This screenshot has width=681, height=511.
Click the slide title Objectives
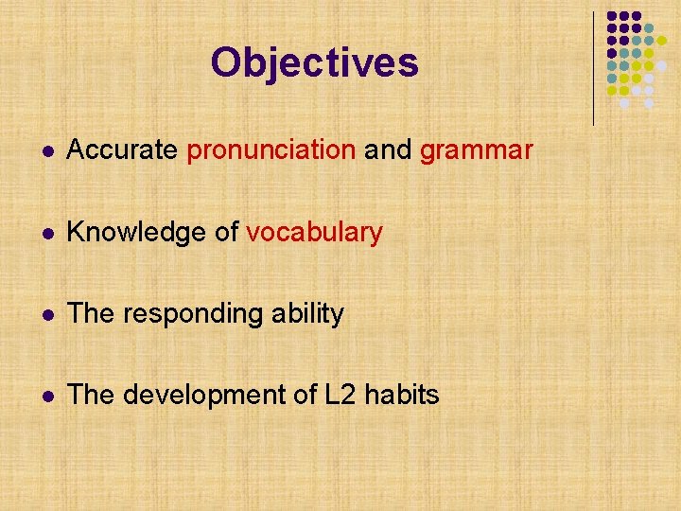(x=314, y=63)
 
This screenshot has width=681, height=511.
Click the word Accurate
(x=123, y=150)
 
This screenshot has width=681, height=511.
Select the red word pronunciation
(x=271, y=150)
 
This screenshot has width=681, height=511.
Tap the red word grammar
(x=477, y=150)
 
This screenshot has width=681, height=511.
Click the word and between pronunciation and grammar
(x=388, y=150)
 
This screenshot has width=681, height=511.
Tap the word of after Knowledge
(x=227, y=232)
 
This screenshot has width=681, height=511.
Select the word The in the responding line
(x=89, y=313)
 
